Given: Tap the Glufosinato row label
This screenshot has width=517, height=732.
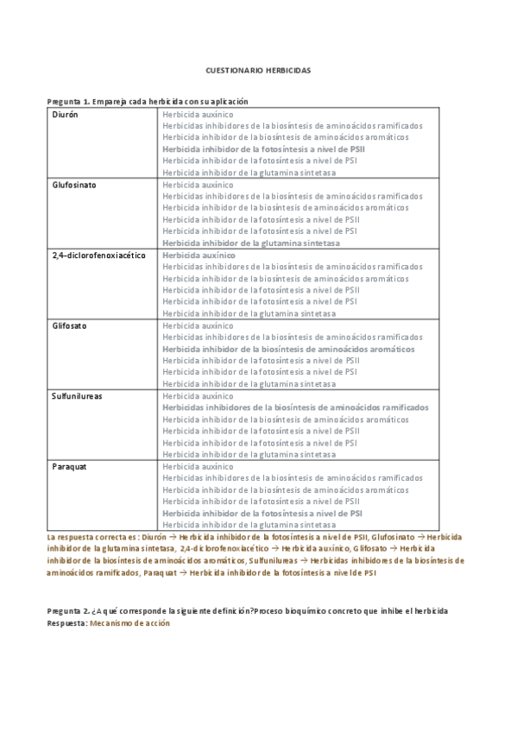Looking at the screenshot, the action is pyautogui.click(x=73, y=185).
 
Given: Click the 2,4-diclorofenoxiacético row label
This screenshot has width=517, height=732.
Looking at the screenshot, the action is pyautogui.click(x=98, y=256).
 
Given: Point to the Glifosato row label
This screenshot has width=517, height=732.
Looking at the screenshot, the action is pyautogui.click(x=69, y=325).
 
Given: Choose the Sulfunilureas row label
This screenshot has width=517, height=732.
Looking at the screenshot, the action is pyautogui.click(x=77, y=395).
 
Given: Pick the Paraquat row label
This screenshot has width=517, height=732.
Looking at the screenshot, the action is pyautogui.click(x=70, y=466).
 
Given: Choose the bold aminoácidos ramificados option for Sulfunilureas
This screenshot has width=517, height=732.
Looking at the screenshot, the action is pyautogui.click(x=295, y=407).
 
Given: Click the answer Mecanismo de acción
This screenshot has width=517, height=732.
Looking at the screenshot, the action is pyautogui.click(x=129, y=622).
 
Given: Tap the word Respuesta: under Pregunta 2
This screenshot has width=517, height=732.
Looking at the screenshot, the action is pyautogui.click(x=66, y=622).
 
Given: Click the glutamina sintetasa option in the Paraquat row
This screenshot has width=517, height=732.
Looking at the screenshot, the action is pyautogui.click(x=249, y=524).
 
